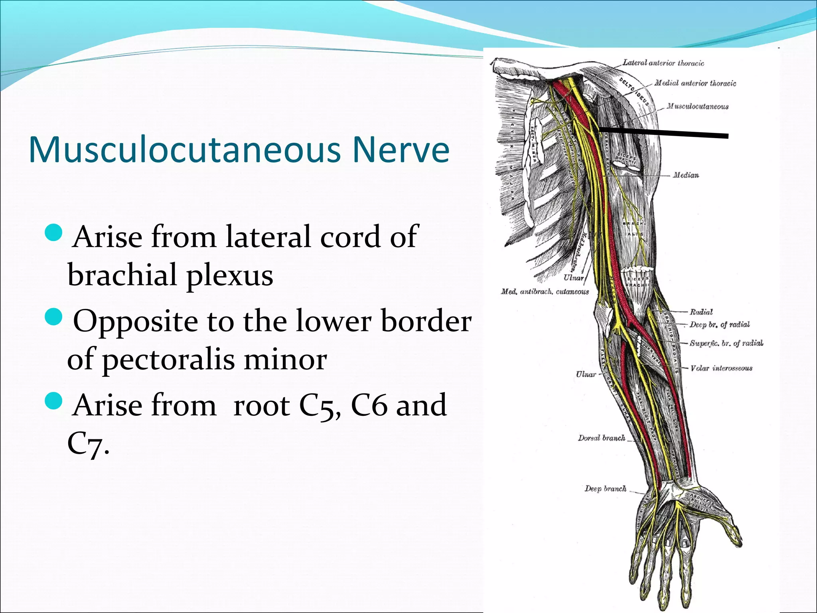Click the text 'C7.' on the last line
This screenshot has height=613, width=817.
click(88, 444)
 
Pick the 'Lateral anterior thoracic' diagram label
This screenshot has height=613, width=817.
click(663, 63)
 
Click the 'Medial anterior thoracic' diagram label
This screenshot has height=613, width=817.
click(695, 83)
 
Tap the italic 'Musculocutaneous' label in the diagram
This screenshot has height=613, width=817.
click(697, 106)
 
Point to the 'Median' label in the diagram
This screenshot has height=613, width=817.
click(686, 175)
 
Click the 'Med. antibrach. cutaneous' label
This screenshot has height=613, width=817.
click(545, 292)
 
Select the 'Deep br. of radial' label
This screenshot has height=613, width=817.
click(719, 324)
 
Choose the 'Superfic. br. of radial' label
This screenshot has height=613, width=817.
click(726, 343)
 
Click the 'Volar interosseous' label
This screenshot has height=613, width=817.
click(721, 368)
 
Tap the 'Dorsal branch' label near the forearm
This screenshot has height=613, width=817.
click(601, 438)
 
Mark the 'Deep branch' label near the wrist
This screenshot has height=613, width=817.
click(605, 488)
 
